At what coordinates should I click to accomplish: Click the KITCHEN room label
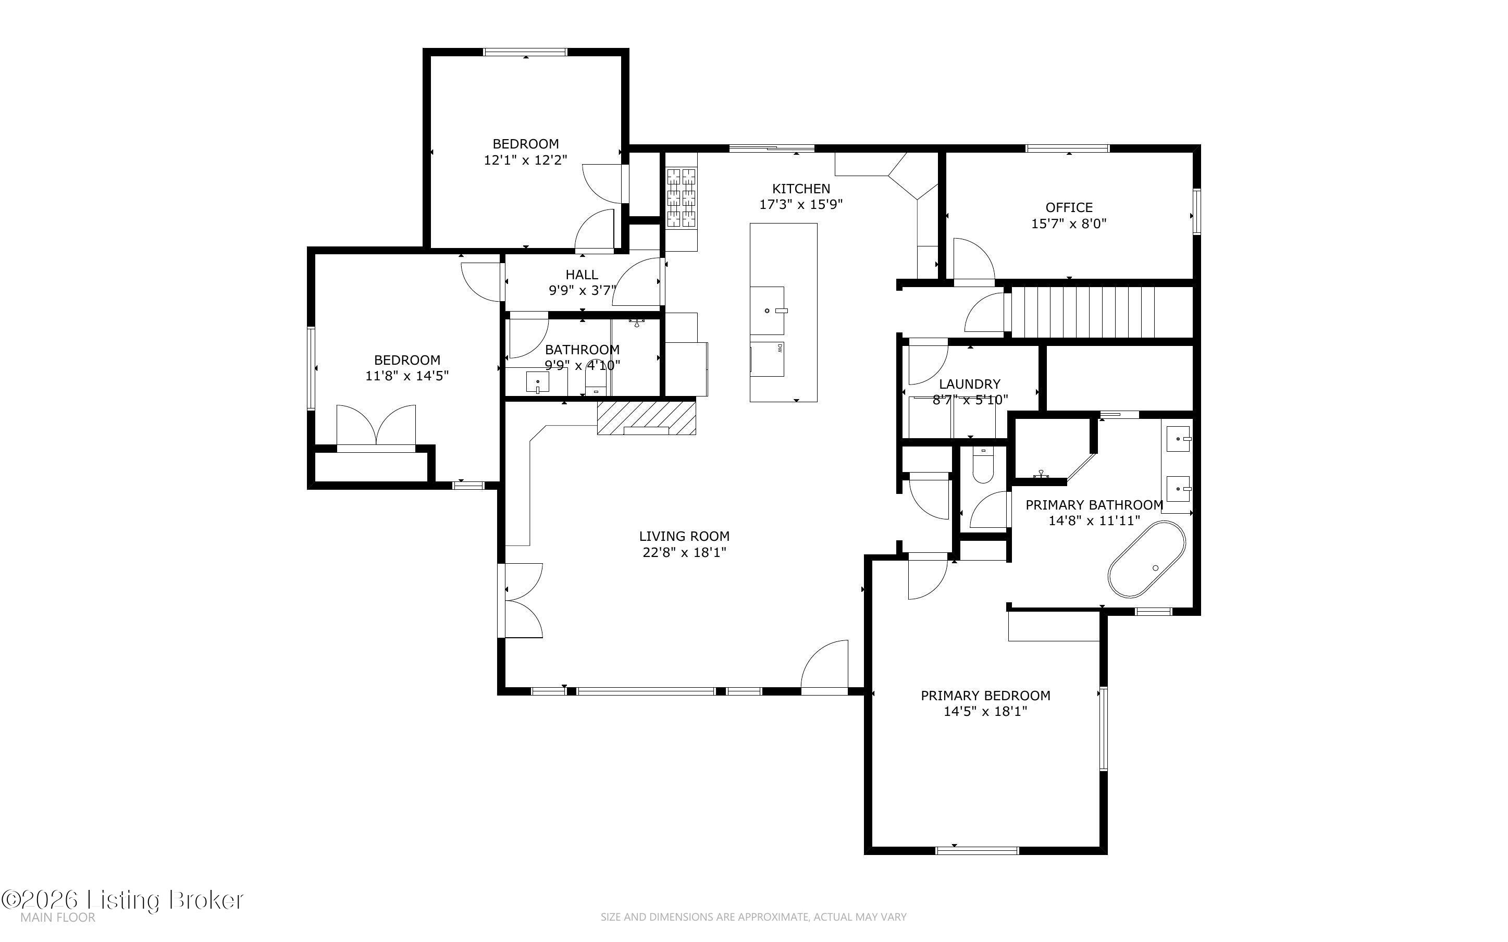tap(801, 189)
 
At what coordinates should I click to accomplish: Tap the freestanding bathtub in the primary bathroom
tap(1147, 559)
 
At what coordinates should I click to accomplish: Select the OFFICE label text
tap(1069, 207)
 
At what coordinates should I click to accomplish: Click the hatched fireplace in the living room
tap(647, 417)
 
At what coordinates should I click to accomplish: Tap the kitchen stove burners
tap(682, 198)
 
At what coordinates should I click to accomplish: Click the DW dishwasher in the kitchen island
tap(767, 359)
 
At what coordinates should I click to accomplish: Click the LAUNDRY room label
tap(970, 385)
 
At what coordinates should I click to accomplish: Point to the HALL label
tap(582, 275)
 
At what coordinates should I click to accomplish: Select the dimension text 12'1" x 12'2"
tap(526, 160)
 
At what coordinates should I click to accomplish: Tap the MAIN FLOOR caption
tap(58, 918)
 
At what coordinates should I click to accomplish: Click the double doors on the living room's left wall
tap(521, 601)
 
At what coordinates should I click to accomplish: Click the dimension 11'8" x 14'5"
tap(407, 376)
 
